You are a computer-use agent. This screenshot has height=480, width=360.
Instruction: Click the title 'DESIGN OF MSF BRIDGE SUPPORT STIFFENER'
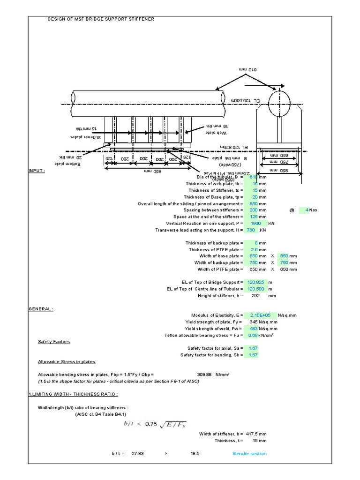tap(100, 19)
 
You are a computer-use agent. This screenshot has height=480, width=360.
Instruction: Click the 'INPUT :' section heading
tap(37, 172)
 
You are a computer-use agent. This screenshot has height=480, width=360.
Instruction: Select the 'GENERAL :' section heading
tap(41, 309)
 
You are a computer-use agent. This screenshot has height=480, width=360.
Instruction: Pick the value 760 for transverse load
tap(250, 230)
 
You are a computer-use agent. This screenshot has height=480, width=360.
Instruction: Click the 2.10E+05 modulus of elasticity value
tap(259, 315)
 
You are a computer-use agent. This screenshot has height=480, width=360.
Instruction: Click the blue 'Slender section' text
tap(249, 453)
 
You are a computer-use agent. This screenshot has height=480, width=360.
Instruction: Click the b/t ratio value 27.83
tap(137, 453)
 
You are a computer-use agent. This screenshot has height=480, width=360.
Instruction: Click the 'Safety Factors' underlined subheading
tap(54, 342)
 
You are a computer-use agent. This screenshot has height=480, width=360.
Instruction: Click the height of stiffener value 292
tap(255, 296)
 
